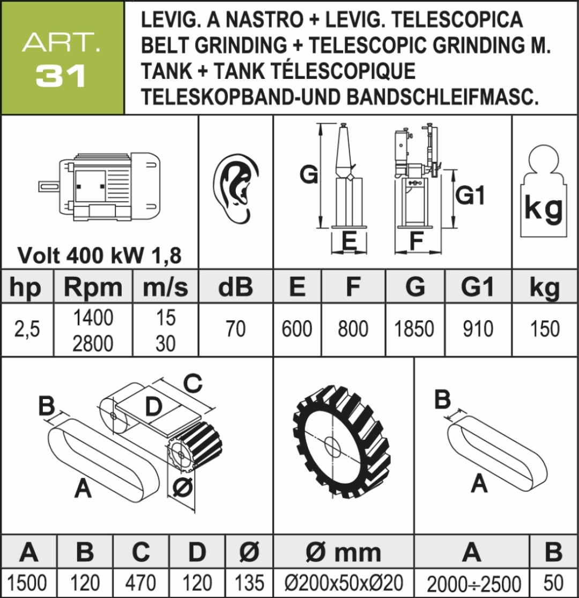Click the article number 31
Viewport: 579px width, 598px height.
[61, 76]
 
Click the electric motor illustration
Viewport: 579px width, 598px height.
[99, 187]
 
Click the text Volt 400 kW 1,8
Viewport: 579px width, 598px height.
[100, 255]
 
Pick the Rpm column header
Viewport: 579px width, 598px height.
[93, 287]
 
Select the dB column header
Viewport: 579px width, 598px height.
[235, 287]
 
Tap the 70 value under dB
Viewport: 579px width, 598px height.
[235, 329]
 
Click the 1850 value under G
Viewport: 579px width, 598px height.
[414, 329]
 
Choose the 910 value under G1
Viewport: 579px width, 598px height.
[478, 329]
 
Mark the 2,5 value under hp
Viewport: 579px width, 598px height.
[27, 329]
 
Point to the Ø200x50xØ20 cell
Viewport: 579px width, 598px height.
[344, 583]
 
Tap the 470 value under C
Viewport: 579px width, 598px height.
[140, 583]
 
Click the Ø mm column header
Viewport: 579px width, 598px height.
[343, 552]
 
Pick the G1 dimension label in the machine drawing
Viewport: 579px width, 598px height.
[470, 195]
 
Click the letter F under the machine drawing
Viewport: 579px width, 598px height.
[416, 240]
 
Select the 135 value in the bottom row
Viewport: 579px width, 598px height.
[250, 583]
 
